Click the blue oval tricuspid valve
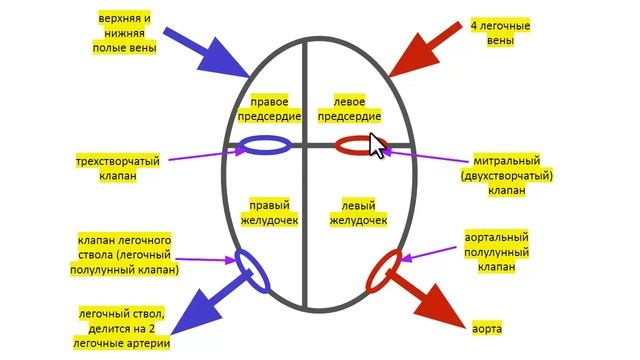[265, 146]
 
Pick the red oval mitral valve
[357, 146]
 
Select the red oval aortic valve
[384, 268]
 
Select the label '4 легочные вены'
[499, 33]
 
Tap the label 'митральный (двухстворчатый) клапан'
[508, 175]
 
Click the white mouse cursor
[377, 146]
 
